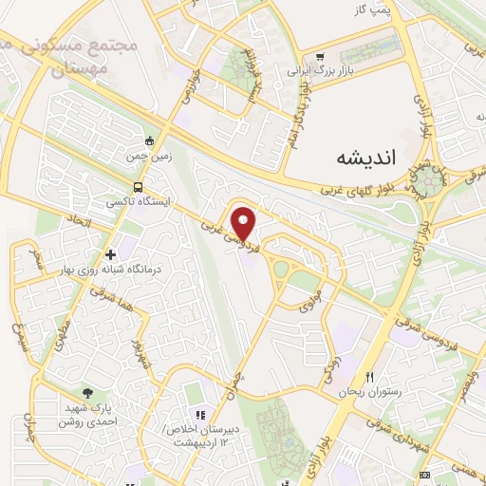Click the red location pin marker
pos(245,223)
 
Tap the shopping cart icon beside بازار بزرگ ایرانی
pos(322,55)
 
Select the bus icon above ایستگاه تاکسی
pos(140,186)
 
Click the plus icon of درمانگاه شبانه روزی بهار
pos(111,253)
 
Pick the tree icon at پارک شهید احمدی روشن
pos(88,393)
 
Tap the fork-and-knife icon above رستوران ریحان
pos(370,377)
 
